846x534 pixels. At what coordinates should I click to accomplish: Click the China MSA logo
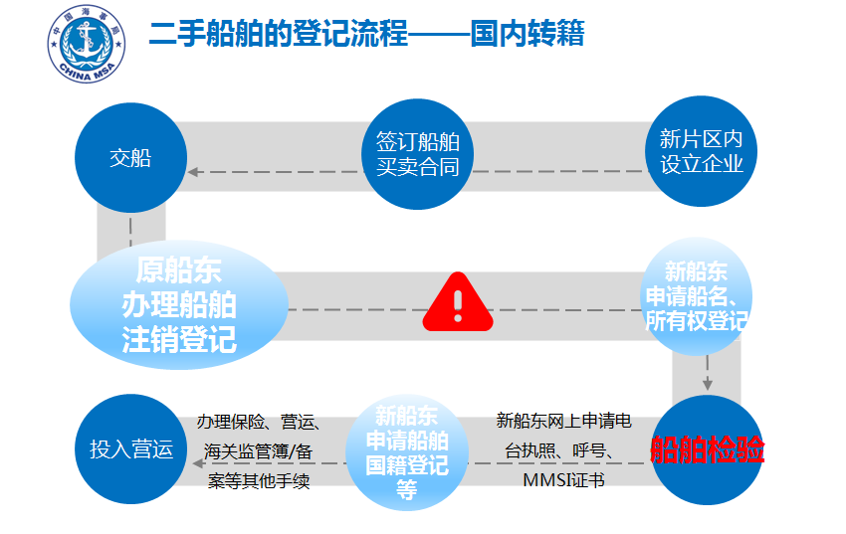(87, 44)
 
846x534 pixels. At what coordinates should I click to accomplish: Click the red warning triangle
(458, 303)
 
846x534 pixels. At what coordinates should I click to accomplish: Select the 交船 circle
(130, 158)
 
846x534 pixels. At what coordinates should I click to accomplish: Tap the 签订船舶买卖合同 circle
(418, 154)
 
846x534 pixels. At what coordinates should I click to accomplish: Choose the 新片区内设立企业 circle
(701, 151)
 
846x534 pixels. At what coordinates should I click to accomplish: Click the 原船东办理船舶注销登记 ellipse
(179, 304)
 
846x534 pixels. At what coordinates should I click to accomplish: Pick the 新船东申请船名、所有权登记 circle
(696, 295)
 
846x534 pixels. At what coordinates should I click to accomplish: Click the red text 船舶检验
(707, 449)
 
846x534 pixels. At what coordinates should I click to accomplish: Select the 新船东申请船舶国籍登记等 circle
(406, 452)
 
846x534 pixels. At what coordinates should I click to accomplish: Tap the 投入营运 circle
(131, 448)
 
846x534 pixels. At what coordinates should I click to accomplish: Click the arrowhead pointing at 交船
(193, 172)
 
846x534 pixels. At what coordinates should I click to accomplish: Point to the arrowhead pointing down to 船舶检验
(708, 385)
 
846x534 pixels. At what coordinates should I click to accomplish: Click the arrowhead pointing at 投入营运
(198, 463)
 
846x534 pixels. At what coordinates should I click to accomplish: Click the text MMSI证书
(563, 479)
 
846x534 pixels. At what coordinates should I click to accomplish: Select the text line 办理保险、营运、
(259, 422)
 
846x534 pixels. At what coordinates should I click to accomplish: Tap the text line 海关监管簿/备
(259, 451)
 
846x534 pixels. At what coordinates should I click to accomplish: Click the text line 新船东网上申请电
(563, 421)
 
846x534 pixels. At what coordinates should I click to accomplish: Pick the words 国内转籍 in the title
(528, 34)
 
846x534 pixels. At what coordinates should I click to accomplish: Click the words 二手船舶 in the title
(207, 34)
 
